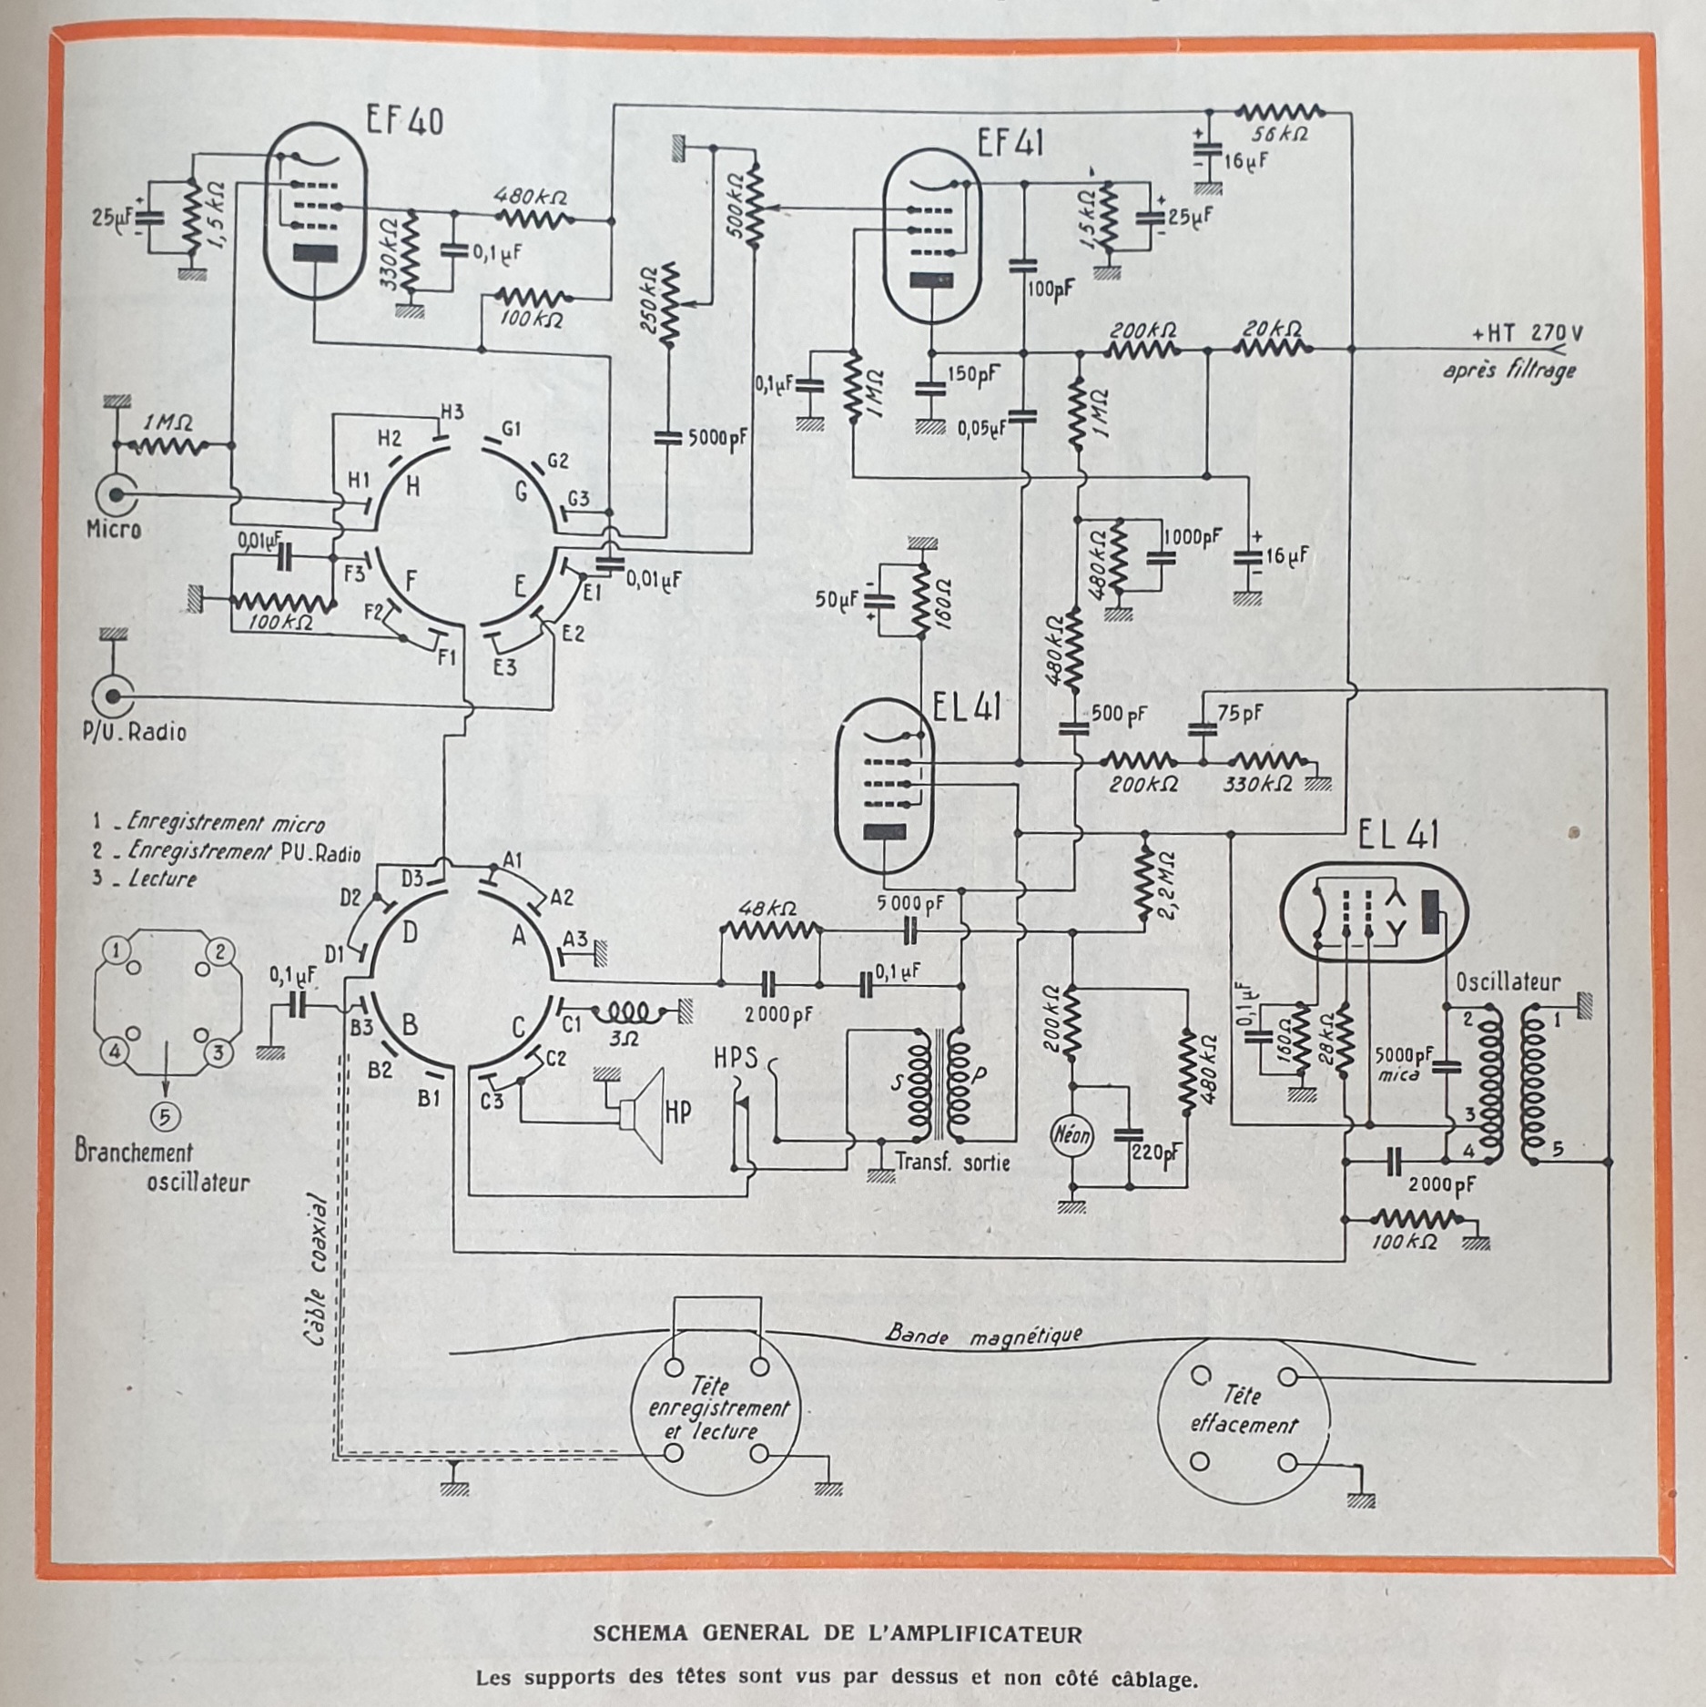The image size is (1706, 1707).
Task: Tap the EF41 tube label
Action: point(1009,143)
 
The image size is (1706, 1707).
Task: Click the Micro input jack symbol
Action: point(117,496)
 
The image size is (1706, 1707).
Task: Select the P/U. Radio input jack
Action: point(114,697)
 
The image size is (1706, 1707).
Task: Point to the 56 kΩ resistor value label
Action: point(1279,133)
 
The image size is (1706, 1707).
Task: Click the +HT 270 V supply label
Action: point(1527,334)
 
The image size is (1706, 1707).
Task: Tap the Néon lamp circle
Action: point(1071,1135)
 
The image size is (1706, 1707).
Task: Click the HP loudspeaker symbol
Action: point(644,1115)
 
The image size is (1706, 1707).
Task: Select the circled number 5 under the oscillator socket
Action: point(165,1116)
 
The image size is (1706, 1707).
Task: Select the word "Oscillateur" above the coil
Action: point(1508,982)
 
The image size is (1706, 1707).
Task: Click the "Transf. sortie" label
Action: point(952,1162)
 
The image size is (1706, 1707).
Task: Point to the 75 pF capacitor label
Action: point(1240,714)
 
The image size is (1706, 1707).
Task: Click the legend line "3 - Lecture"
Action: point(146,879)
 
